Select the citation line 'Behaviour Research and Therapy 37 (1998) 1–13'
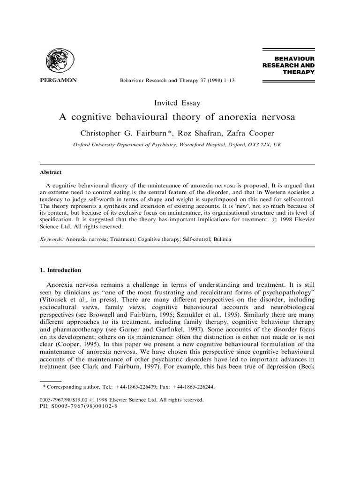click(x=177, y=81)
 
